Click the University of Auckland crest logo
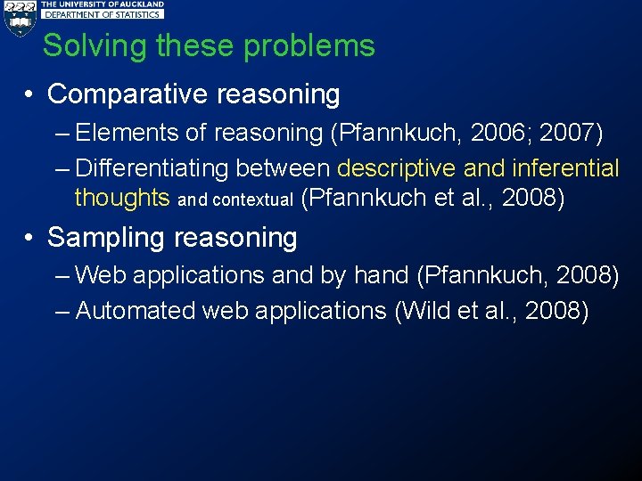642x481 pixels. [x=19, y=16]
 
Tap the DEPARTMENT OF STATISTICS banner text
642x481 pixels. [x=103, y=14]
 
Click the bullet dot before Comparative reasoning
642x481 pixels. [x=30, y=94]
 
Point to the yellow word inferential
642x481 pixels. [x=565, y=167]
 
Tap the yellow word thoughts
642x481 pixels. [x=122, y=197]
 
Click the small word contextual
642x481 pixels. [x=252, y=200]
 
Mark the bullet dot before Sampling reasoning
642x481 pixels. [x=30, y=238]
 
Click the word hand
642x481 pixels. [x=381, y=275]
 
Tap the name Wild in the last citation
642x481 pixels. [x=422, y=311]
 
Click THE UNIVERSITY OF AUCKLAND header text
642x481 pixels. [x=103, y=4]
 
